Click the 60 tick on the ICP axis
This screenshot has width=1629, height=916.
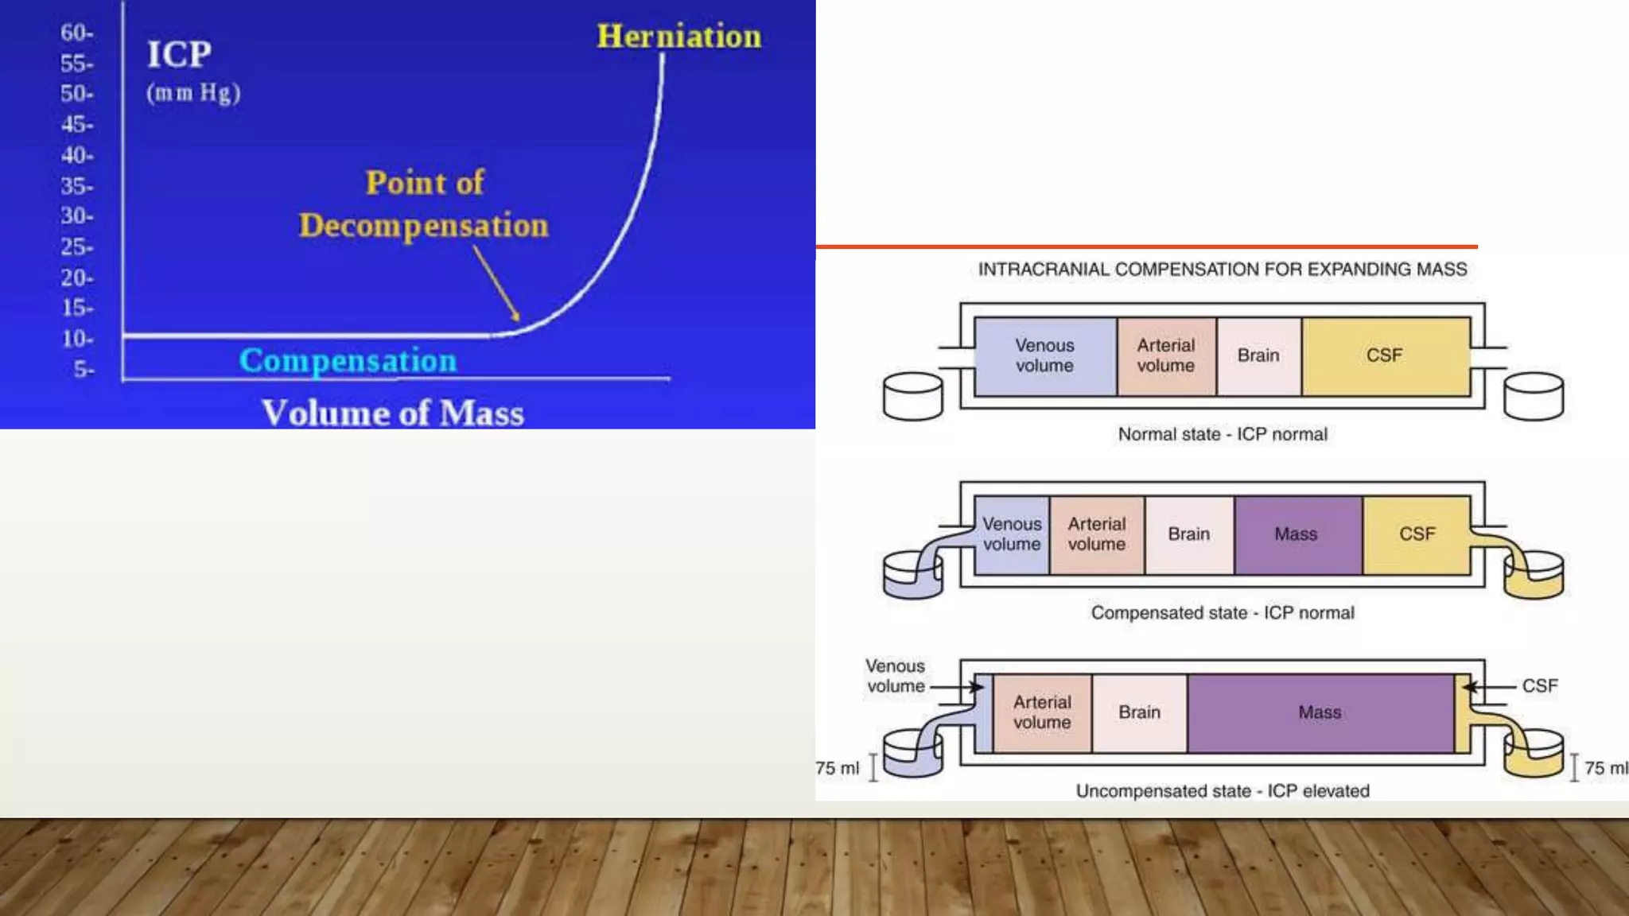(x=76, y=33)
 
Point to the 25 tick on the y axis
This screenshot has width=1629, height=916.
(x=76, y=247)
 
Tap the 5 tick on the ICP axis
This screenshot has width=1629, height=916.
(x=84, y=370)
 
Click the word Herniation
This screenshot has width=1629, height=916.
(x=678, y=37)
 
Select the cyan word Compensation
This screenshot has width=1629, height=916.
(x=348, y=361)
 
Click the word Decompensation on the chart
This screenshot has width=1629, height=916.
(x=423, y=226)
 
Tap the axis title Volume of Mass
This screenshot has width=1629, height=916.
(x=393, y=413)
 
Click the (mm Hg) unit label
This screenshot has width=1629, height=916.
(x=193, y=93)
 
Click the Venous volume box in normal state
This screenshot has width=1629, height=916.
(x=1044, y=355)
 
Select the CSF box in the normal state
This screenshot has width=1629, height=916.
(x=1384, y=355)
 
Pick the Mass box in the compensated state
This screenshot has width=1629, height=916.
(x=1296, y=534)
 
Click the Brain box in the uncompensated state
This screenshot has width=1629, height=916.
(x=1139, y=712)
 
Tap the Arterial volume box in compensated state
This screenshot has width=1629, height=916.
(x=1096, y=534)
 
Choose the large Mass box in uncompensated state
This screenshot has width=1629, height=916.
(x=1320, y=712)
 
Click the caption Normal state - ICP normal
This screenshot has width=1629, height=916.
(x=1223, y=434)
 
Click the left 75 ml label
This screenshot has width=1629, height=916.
(x=837, y=768)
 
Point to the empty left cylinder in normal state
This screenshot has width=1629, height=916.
(x=912, y=396)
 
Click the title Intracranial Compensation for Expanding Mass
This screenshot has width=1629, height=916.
(x=1223, y=270)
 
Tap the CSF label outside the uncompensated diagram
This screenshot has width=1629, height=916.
(x=1539, y=685)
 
